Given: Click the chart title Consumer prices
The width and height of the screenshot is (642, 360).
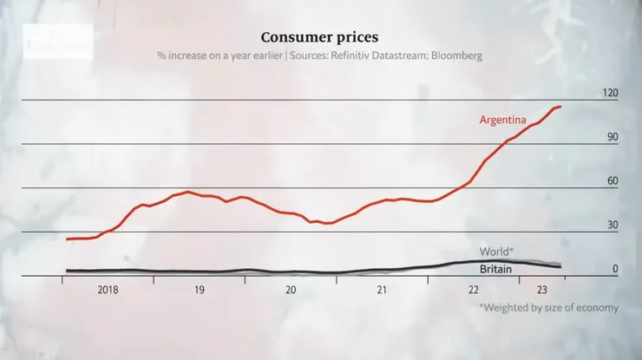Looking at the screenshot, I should (320, 37).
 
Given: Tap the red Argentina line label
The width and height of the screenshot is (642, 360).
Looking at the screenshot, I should (504, 120).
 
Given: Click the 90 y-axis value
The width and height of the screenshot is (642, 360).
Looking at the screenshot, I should (613, 137).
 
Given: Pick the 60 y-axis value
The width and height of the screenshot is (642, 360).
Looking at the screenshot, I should (613, 180).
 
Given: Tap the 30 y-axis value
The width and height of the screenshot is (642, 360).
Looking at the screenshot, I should (613, 225).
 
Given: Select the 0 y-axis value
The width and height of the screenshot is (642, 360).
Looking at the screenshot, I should (615, 269).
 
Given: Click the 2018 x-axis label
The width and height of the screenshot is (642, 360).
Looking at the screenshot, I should (108, 291).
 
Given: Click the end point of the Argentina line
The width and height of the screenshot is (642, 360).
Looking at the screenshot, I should (560, 106).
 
